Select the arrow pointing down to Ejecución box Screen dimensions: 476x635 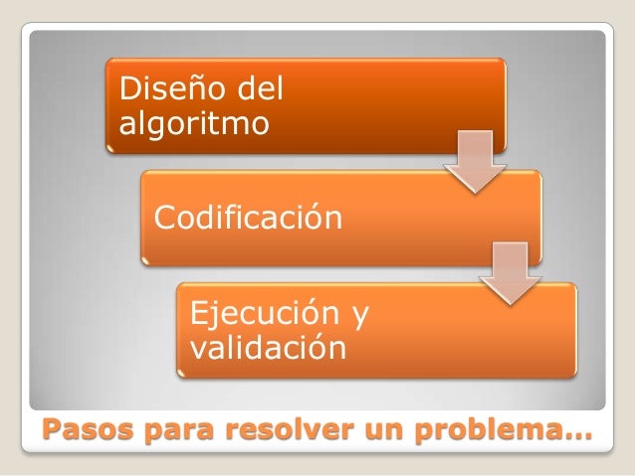510,273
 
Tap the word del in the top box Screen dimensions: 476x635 260,92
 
